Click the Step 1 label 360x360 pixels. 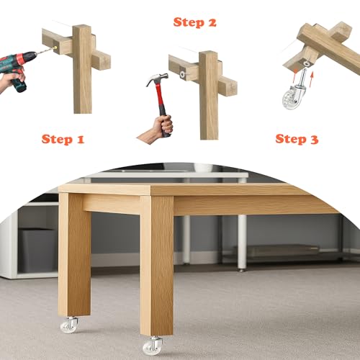(x=63, y=140)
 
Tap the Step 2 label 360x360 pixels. (x=195, y=22)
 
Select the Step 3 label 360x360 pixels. (x=297, y=139)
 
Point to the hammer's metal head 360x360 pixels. (x=157, y=79)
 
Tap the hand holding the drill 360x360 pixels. (x=12, y=77)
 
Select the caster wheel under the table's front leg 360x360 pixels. (x=153, y=345)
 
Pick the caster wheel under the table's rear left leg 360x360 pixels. (x=69, y=325)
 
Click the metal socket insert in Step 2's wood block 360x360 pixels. (x=183, y=74)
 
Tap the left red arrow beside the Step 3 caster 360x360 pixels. (x=296, y=74)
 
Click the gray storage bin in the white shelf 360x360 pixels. (x=37, y=250)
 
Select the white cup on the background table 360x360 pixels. (x=203, y=167)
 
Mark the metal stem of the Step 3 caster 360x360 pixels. (x=302, y=76)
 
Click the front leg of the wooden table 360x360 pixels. (x=157, y=266)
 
